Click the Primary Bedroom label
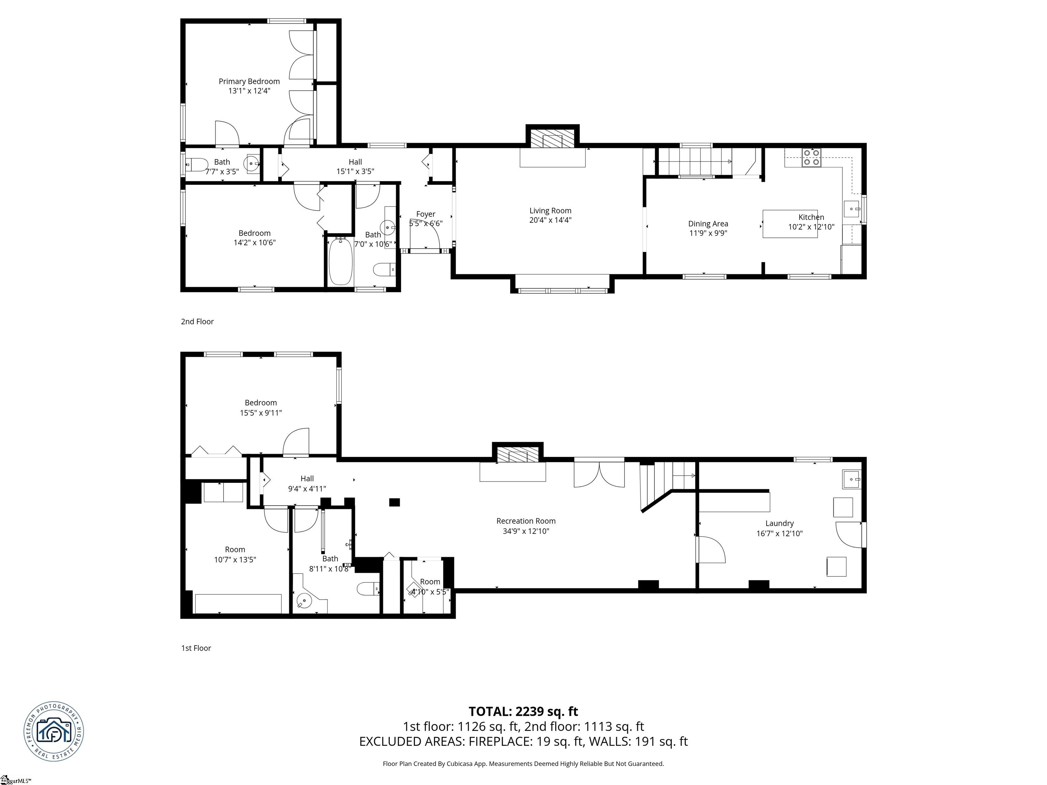[x=249, y=81]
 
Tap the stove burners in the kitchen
[x=811, y=157]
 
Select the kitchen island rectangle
[x=789, y=224]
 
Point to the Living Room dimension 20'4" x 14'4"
[x=550, y=220]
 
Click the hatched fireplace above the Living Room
[x=552, y=139]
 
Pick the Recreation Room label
[x=526, y=521]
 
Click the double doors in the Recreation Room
[x=599, y=475]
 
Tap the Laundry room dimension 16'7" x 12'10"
[x=779, y=533]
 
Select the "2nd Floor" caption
[x=197, y=322]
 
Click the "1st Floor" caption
[x=196, y=648]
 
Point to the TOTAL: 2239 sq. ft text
[x=523, y=711]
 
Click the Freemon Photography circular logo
[x=54, y=732]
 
